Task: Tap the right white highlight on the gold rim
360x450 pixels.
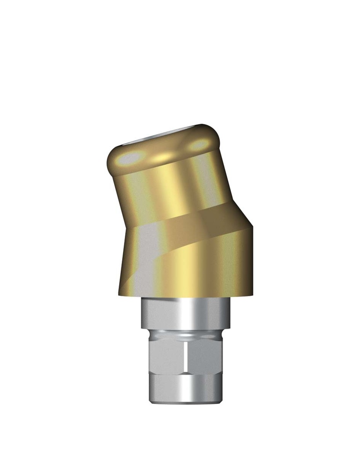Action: point(200,144)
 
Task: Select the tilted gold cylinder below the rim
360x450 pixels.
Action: point(171,189)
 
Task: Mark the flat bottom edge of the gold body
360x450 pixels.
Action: point(185,295)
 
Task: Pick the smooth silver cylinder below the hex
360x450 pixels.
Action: point(185,387)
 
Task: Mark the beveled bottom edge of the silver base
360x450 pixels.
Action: point(185,401)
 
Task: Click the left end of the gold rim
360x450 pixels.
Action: point(109,160)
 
